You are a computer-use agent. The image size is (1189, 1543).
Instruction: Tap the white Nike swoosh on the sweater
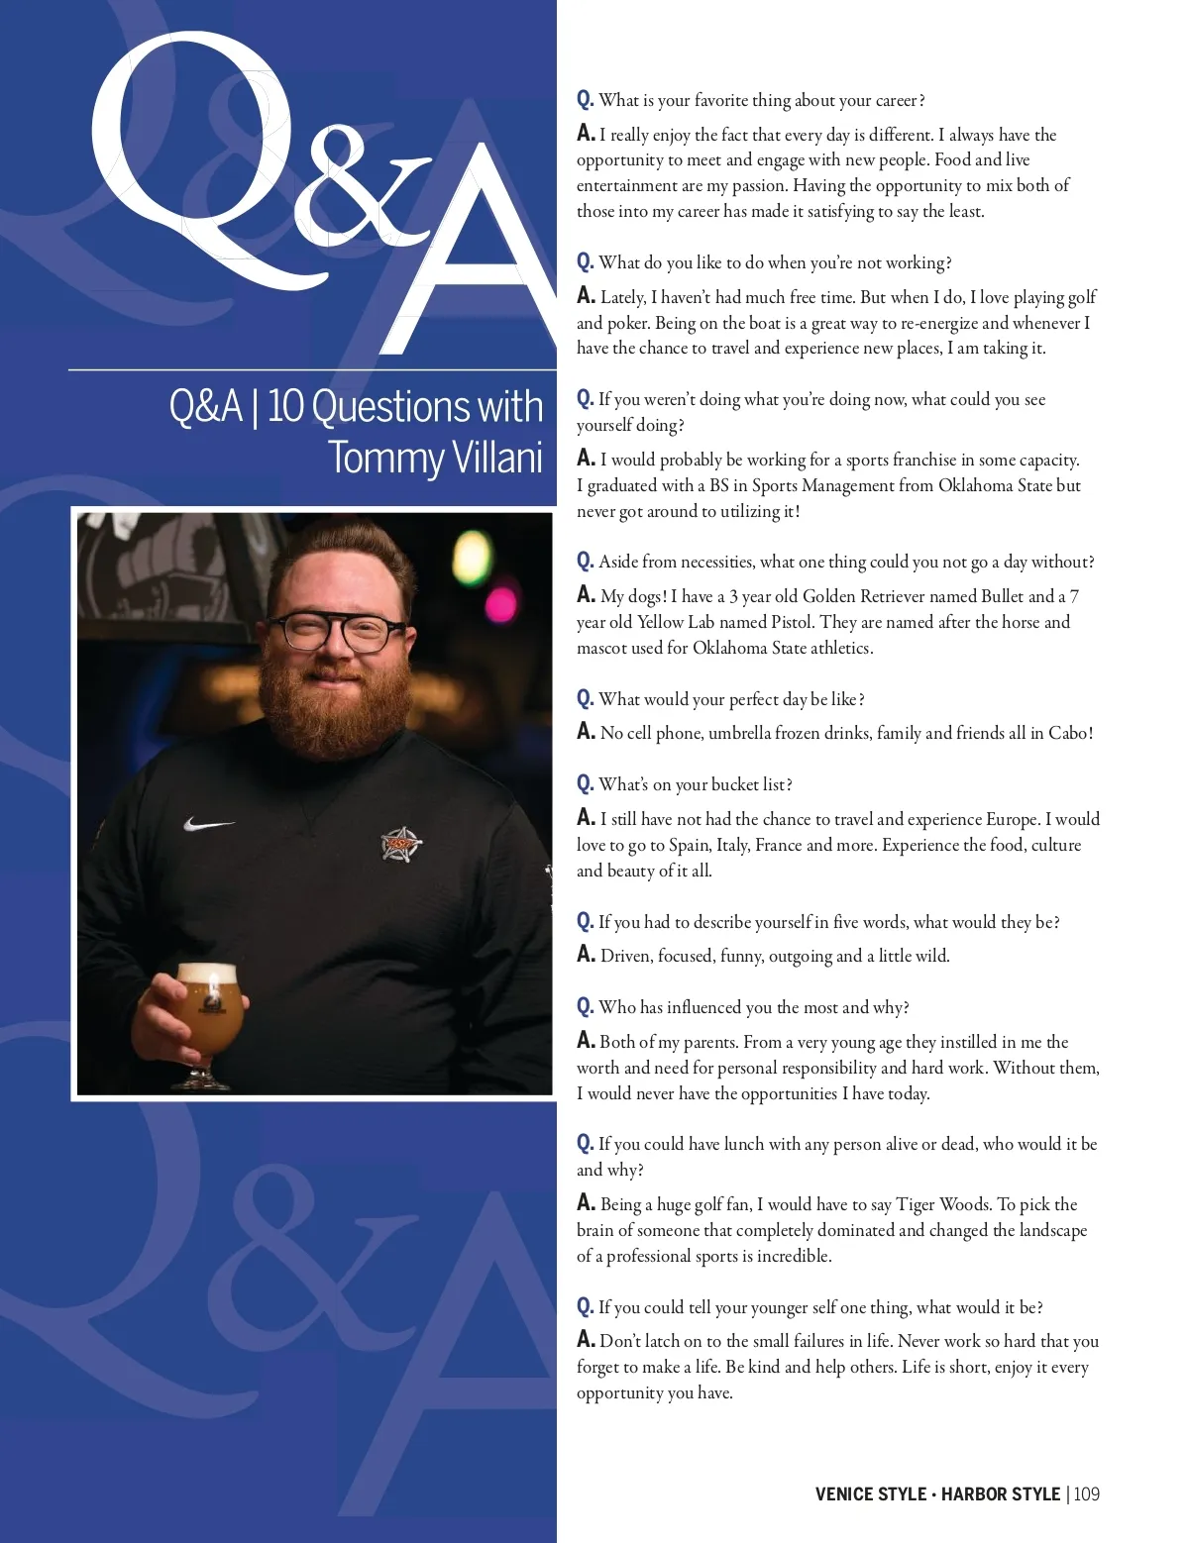tap(208, 824)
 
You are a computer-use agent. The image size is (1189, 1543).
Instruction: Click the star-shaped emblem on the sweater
tap(401, 843)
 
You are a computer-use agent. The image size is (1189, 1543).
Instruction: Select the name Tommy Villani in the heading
tap(435, 458)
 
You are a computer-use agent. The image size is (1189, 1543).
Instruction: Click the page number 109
tap(1087, 1493)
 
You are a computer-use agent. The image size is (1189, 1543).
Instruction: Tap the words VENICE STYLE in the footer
tap(870, 1493)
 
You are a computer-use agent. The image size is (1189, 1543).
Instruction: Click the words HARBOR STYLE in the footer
tap(1000, 1493)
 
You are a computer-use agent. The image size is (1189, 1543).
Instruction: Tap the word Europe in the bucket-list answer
tap(1011, 819)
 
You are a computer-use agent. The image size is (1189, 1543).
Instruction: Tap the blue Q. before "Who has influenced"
tap(585, 1007)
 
